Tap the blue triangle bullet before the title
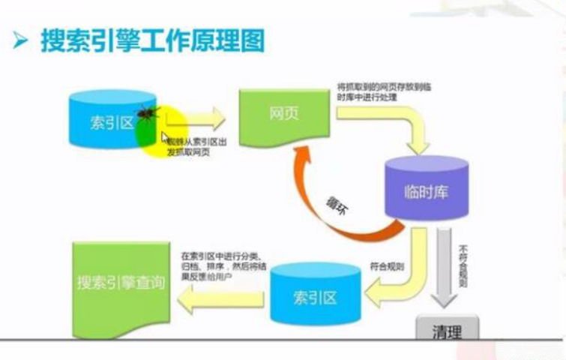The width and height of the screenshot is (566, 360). click(20, 41)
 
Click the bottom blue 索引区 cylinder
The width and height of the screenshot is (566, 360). click(314, 297)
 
